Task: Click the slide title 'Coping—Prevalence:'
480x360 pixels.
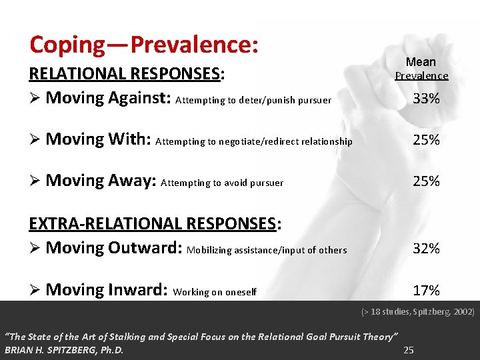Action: click(143, 45)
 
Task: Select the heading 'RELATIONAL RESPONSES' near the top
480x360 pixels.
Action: click(125, 73)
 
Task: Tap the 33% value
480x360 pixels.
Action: click(426, 99)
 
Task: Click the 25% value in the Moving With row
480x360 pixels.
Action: click(426, 140)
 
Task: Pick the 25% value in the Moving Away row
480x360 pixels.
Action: click(426, 181)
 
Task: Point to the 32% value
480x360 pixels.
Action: click(426, 249)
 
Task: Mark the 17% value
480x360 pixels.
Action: click(426, 290)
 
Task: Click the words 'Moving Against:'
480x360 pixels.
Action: click(109, 98)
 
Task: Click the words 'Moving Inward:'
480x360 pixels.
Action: click(107, 289)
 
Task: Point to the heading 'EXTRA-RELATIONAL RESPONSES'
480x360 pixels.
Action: click(153, 223)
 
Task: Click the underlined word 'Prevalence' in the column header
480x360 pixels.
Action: click(421, 76)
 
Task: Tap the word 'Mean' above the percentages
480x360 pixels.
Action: click(421, 62)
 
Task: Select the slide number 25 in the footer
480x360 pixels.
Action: click(409, 350)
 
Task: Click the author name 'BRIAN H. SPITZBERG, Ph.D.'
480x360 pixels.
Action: click(64, 350)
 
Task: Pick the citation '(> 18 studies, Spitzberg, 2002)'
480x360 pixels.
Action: click(417, 311)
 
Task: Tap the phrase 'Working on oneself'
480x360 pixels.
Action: click(214, 291)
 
